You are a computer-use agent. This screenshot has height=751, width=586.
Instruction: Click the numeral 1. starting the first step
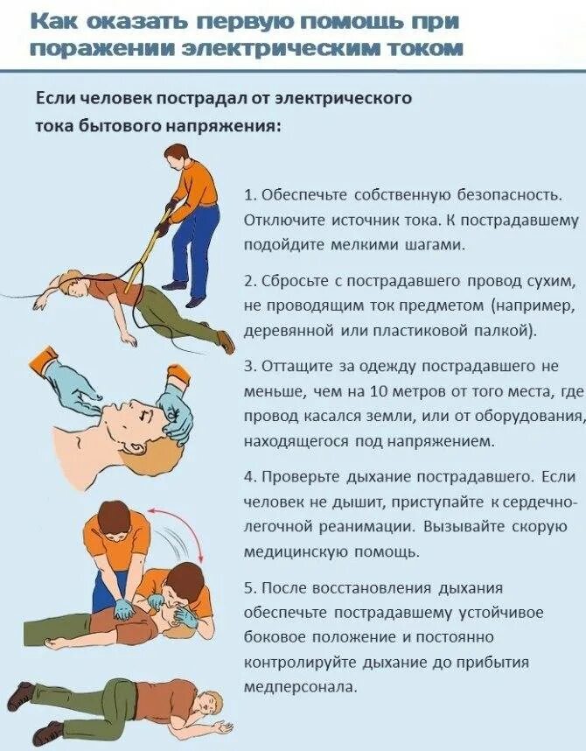250,195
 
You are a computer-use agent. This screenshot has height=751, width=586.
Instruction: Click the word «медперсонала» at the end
301,687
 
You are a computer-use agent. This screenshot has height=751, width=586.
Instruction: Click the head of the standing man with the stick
177,155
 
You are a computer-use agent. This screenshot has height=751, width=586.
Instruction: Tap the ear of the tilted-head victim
135,448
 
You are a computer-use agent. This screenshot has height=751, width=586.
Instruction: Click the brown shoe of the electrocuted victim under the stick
226,341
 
